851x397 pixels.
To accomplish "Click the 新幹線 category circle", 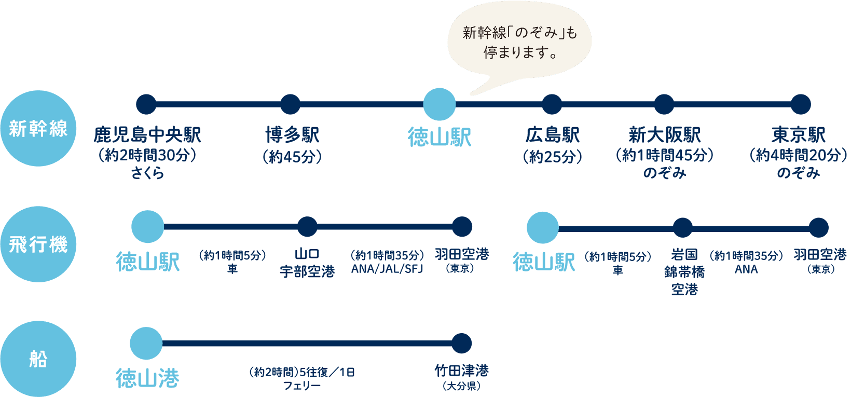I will click(38, 128).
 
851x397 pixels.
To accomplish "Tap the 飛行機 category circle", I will click(38, 244).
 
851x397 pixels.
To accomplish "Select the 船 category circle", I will click(38, 359).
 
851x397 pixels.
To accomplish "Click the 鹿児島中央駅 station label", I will click(147, 135).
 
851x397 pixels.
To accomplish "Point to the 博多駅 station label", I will click(292, 135).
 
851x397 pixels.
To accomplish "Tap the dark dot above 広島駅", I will click(552, 104).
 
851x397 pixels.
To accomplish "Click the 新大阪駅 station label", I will click(664, 135).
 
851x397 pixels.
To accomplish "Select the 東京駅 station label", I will click(798, 135).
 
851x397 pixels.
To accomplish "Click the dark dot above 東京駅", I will click(801, 104).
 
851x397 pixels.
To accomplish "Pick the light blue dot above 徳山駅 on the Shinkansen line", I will click(440, 104).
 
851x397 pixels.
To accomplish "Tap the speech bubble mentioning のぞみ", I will click(519, 43).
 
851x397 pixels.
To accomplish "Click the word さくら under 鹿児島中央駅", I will click(147, 173).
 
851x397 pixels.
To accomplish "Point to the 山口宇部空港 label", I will click(307, 263).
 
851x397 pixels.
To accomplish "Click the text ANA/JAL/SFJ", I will click(387, 269).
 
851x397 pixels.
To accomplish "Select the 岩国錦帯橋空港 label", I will click(684, 271).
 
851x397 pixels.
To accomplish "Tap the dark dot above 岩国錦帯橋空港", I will click(683, 227).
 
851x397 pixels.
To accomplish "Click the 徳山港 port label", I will click(147, 378).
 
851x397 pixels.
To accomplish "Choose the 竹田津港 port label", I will click(461, 371).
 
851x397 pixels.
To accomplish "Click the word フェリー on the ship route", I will click(301, 386).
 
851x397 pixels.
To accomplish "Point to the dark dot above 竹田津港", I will click(461, 343).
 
